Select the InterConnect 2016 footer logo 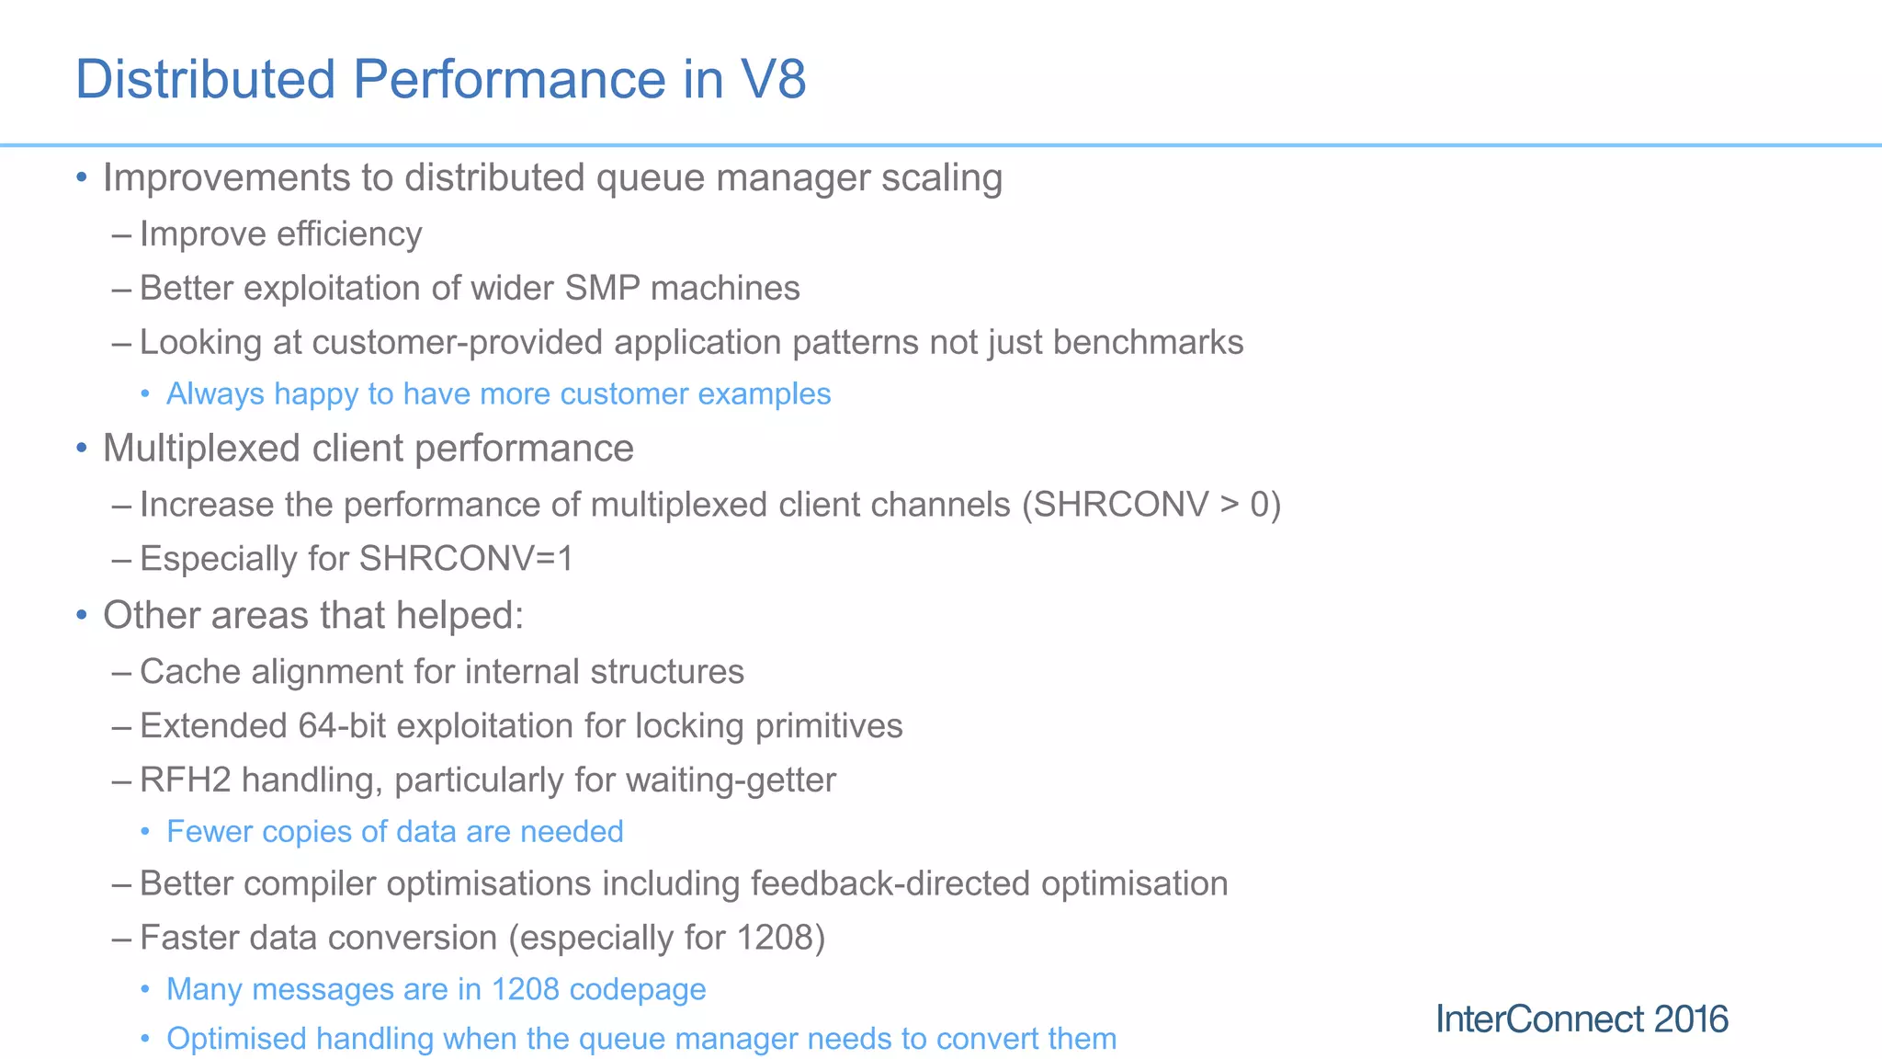coord(1582,1019)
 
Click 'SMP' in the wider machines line coord(602,289)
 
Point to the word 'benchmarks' coord(1148,343)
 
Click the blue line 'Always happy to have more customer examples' coord(498,394)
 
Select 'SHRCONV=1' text coord(466,559)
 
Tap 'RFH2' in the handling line coord(186,780)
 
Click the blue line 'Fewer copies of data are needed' coord(395,832)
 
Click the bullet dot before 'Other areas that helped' coord(82,615)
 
